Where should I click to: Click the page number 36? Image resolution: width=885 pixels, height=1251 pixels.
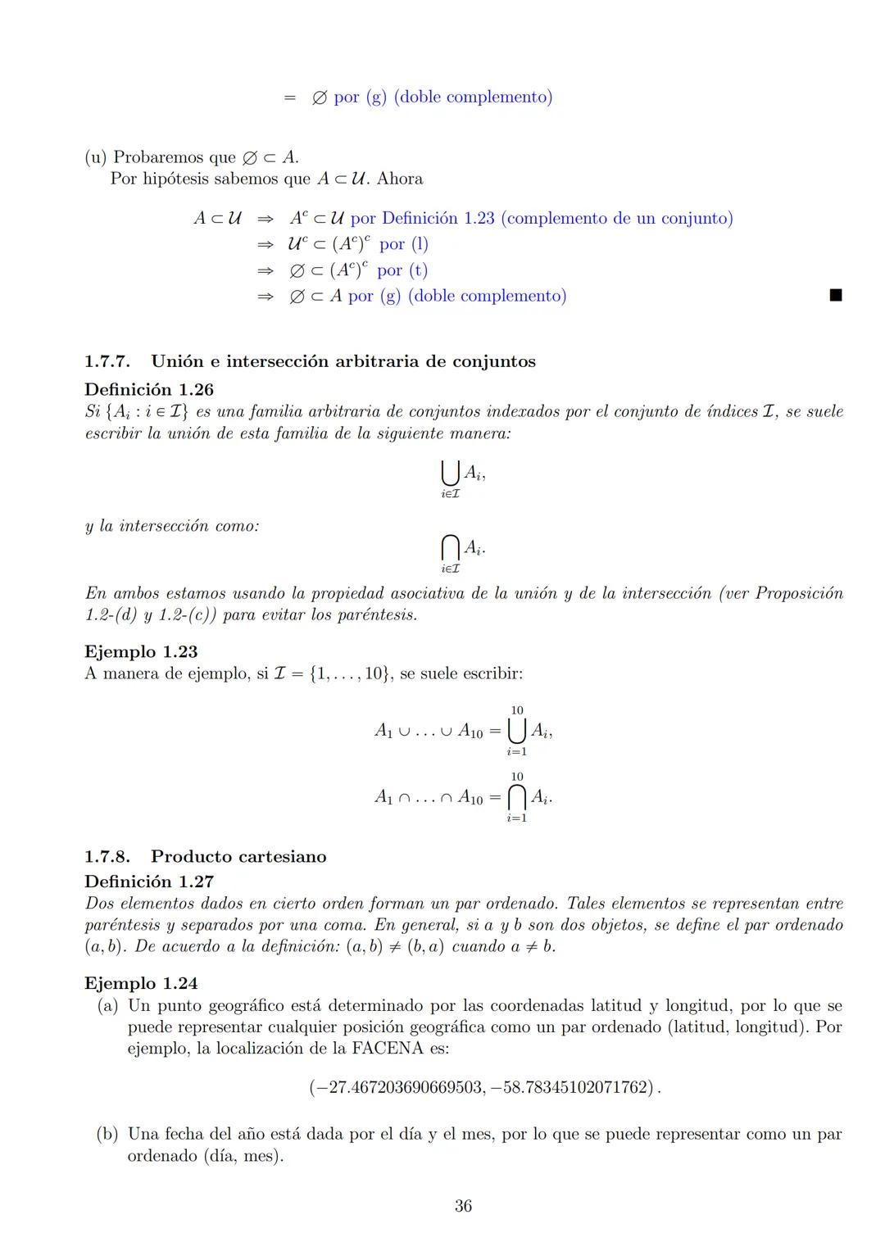click(463, 1206)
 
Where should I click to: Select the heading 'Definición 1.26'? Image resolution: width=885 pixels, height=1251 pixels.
click(148, 389)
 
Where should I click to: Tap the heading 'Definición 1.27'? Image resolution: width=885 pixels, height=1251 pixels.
click(148, 882)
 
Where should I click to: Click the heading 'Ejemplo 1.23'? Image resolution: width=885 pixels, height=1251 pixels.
click(141, 651)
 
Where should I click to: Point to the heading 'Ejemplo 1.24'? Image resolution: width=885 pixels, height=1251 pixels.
click(141, 983)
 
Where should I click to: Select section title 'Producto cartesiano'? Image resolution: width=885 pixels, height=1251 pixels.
click(238, 857)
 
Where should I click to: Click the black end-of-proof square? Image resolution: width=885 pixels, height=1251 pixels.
click(835, 296)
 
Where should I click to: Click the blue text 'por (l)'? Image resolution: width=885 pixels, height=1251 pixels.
click(404, 244)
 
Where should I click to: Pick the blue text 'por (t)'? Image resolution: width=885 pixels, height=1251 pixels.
click(402, 270)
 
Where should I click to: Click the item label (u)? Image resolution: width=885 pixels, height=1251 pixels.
click(96, 157)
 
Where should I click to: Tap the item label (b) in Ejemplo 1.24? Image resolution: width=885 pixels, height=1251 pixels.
click(107, 1135)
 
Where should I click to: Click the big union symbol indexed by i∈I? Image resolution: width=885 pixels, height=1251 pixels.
click(449, 474)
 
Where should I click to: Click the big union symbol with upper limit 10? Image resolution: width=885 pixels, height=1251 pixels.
click(516, 729)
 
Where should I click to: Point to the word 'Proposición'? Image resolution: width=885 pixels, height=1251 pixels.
click(798, 593)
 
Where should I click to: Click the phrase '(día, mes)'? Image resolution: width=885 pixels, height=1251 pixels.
click(243, 1156)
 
